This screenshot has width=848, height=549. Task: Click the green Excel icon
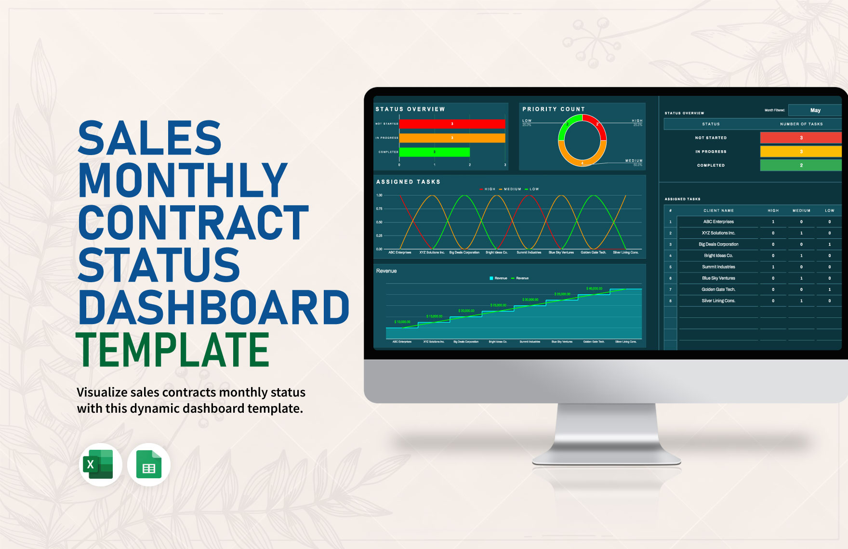click(100, 464)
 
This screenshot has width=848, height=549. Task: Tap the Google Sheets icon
click(149, 464)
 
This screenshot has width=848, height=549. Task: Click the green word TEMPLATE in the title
click(173, 351)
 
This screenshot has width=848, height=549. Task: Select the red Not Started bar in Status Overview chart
click(452, 124)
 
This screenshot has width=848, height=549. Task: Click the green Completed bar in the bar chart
click(434, 152)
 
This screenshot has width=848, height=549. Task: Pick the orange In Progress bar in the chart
click(452, 138)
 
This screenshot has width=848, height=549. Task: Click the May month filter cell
click(815, 110)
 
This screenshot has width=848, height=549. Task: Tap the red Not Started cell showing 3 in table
click(801, 138)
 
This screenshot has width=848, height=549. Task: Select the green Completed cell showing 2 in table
click(801, 165)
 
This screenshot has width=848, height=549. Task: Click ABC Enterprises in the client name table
click(718, 222)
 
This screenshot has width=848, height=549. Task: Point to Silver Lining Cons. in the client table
click(718, 301)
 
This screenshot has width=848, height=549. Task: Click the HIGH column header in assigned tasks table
click(773, 210)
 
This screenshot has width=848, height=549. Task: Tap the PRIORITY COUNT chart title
click(554, 109)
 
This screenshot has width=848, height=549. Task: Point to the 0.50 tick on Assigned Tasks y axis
click(379, 222)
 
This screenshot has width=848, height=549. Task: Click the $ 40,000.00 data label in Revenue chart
click(594, 288)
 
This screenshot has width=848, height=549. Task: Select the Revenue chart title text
click(386, 271)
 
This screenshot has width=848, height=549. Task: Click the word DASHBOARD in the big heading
click(213, 308)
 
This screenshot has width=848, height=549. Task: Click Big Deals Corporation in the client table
click(718, 244)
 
